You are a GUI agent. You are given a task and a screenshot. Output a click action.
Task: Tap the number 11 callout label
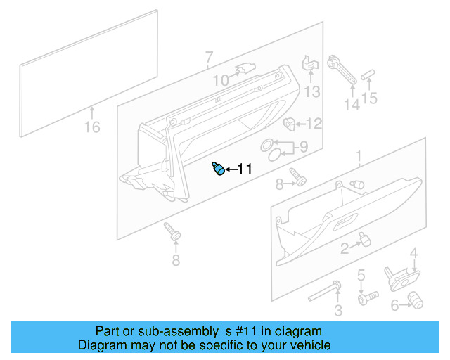243,169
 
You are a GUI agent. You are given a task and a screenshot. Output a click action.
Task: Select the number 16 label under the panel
92,127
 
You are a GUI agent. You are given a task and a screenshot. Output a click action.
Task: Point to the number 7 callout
208,57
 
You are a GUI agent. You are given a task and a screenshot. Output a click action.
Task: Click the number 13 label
311,91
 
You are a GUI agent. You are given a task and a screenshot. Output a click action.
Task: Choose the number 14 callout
351,105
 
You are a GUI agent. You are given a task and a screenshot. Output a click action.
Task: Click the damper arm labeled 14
342,70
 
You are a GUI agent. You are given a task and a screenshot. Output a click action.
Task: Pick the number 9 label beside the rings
303,148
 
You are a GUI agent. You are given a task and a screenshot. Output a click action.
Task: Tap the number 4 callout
414,253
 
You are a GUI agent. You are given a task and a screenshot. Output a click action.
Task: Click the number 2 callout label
345,247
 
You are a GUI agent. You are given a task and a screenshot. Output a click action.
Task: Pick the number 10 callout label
221,81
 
